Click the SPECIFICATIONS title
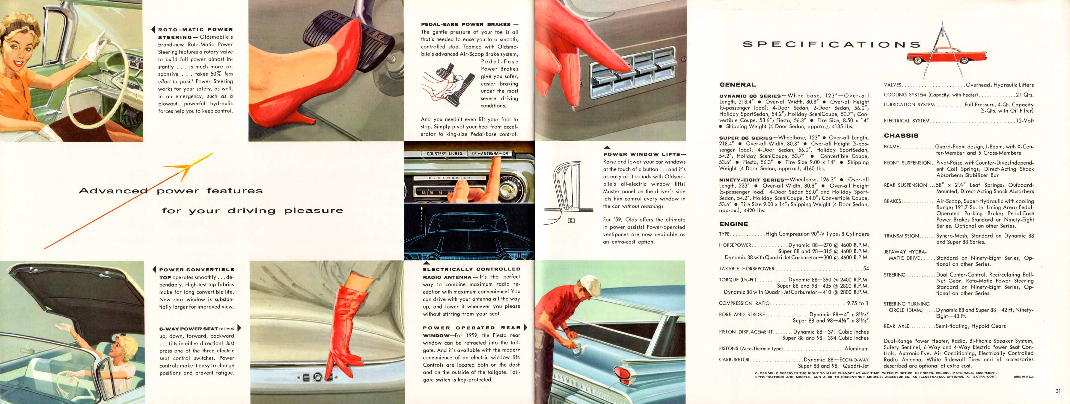point(831,44)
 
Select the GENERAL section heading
point(738,85)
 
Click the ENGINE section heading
point(733,224)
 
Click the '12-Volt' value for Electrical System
point(1025,121)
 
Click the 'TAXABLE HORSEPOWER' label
point(746,269)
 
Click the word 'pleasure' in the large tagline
point(314,211)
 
